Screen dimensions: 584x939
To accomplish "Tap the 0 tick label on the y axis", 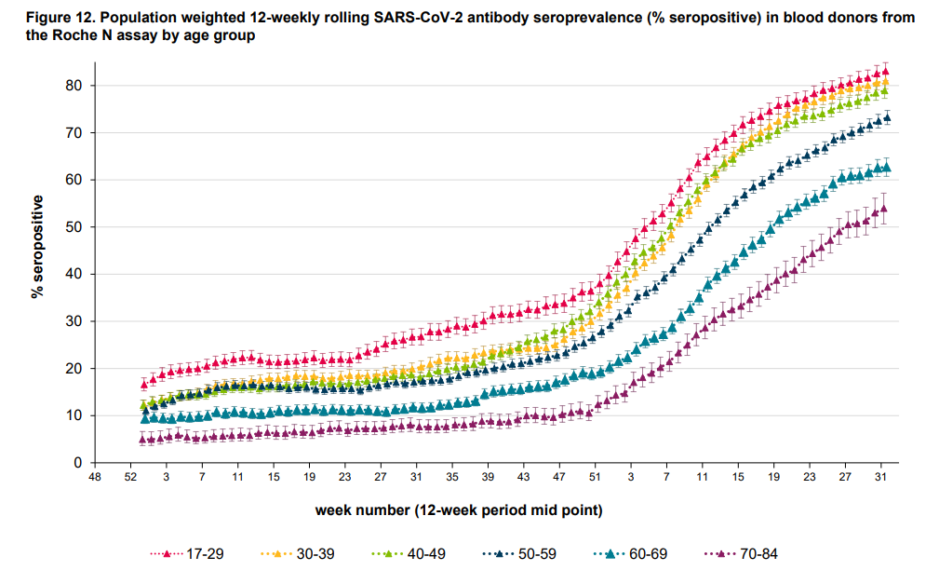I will tap(79, 463).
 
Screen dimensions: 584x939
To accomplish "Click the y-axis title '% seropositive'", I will tap(38, 246).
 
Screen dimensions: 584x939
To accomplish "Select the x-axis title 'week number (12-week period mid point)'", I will tap(458, 509).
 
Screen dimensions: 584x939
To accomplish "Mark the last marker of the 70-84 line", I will tap(883, 209).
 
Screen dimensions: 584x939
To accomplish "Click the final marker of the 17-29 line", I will tap(885, 70).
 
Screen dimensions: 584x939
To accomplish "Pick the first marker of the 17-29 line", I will tap(144, 383).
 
